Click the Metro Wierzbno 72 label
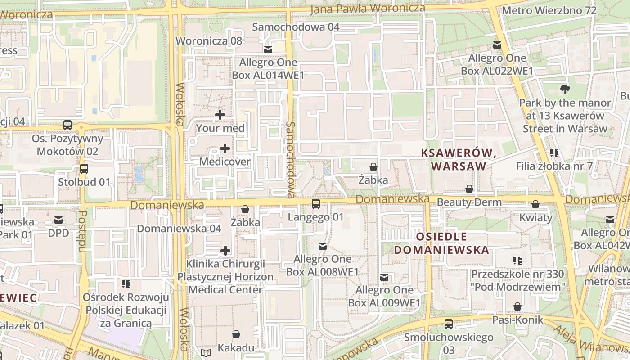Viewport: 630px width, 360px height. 549,10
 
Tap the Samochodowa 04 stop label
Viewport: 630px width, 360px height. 296,27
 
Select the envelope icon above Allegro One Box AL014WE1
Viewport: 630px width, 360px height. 268,49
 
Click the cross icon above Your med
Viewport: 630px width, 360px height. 220,115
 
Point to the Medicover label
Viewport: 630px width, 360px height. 225,162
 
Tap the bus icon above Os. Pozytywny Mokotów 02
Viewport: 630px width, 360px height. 67,125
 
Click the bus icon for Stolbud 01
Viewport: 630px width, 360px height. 84,169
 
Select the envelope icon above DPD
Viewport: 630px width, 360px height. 58,220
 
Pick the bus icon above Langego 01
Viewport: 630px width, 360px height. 316,204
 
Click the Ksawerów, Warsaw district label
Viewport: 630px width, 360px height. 459,159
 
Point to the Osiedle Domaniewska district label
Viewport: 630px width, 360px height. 441,243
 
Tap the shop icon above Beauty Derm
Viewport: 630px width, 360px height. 469,189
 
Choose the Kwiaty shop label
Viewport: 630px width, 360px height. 535,218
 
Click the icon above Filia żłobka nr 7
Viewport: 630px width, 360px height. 554,153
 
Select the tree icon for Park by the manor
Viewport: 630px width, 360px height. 565,90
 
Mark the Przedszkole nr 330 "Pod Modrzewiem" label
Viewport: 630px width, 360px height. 518,280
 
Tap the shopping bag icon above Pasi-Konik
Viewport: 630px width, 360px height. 517,306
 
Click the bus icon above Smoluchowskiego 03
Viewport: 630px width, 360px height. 448,324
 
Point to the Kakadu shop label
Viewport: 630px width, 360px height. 236,347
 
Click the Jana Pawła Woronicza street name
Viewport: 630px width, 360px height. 368,9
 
